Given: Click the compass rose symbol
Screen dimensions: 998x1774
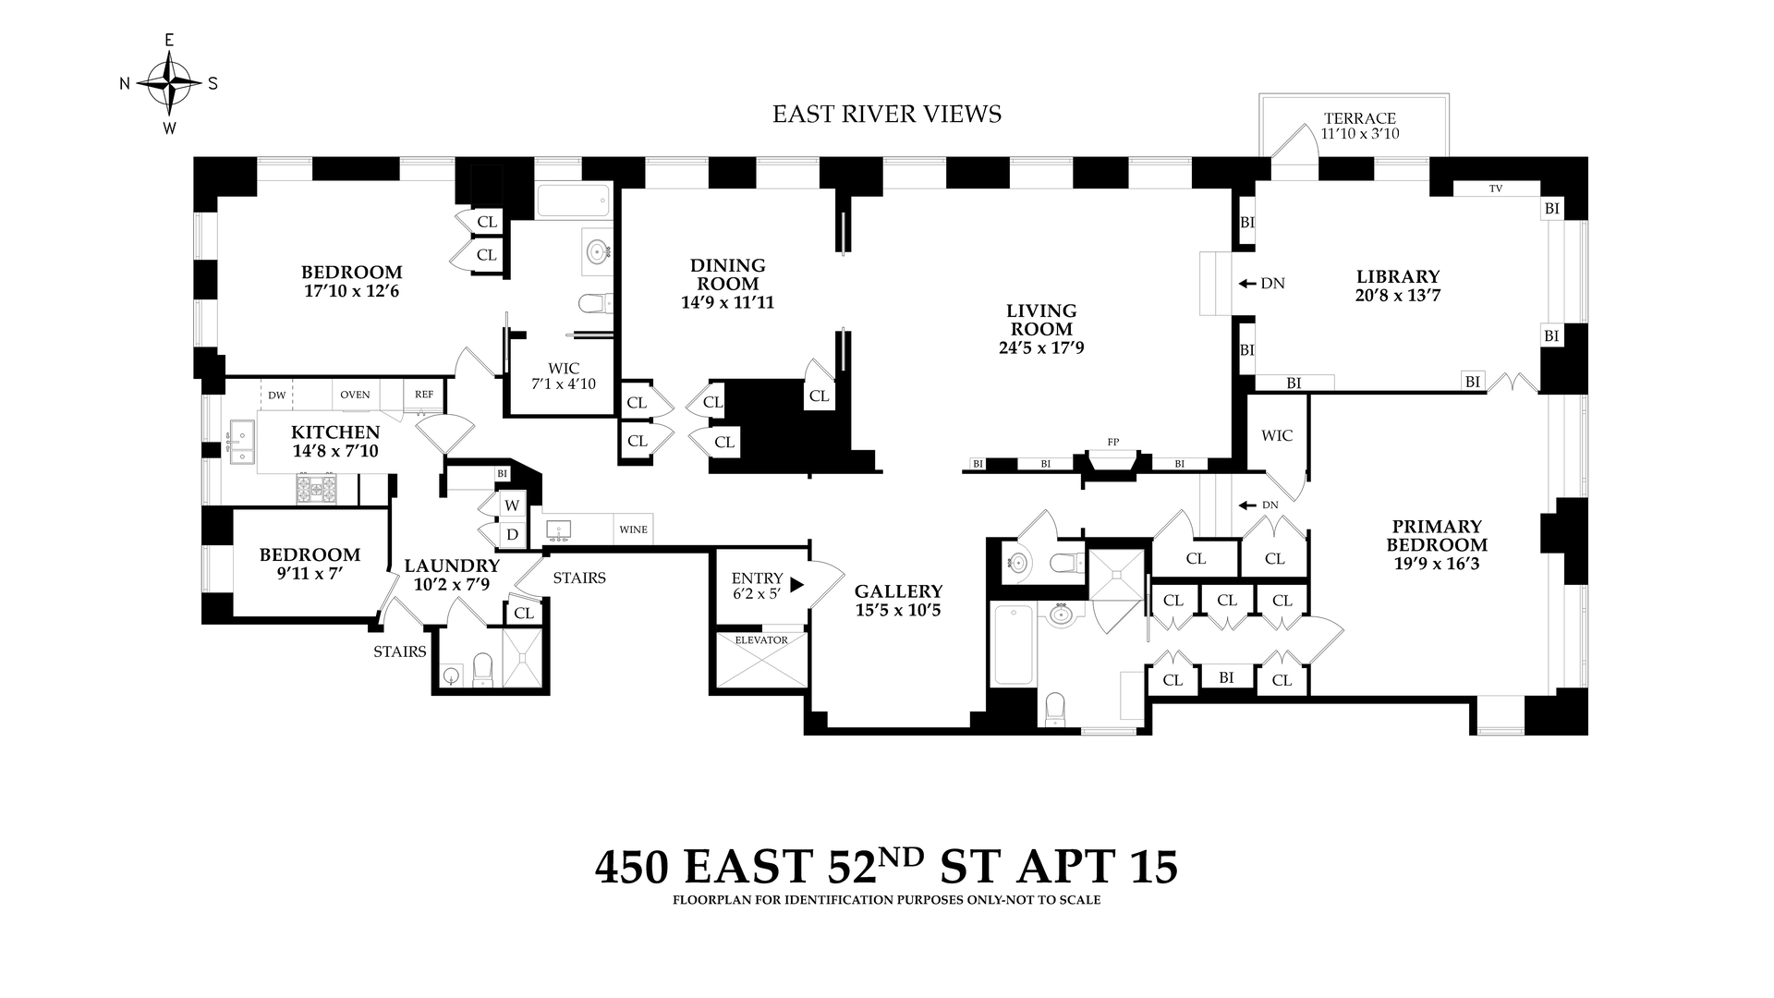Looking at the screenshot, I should coord(169,83).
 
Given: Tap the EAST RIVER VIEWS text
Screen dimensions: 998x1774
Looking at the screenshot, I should coord(886,114).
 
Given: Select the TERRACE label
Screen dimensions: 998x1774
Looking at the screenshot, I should coord(1359,118).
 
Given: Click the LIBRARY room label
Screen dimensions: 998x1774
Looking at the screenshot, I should coord(1397,276).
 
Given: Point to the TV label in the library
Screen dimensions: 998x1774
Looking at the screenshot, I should coord(1495,189).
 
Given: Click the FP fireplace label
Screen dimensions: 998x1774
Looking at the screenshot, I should coord(1112,443).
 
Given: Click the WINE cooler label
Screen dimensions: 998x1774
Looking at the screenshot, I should coord(633,529).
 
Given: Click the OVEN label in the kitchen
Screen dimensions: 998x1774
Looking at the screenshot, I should coord(355,395).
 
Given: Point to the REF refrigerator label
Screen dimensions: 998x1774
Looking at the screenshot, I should coord(423,394).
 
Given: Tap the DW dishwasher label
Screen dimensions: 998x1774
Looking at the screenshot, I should coord(276,395).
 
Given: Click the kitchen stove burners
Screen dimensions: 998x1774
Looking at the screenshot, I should coord(317,488).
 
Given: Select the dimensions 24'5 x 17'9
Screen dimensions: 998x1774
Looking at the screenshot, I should coord(1040,347).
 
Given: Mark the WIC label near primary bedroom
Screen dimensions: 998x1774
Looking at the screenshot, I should coord(1276,435).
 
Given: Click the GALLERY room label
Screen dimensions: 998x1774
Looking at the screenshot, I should coord(898,591).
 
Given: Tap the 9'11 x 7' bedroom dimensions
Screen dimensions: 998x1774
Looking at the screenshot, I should coord(310,573).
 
